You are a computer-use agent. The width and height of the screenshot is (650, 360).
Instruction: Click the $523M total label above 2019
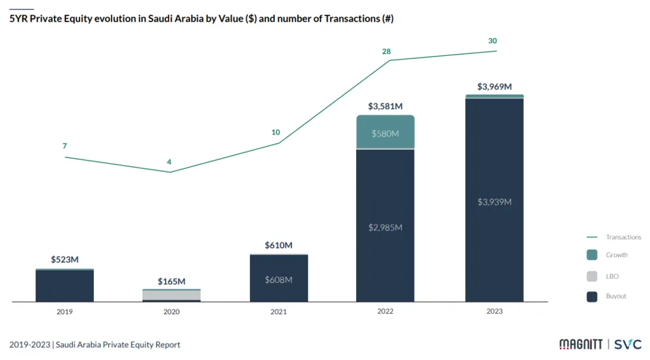coord(64,260)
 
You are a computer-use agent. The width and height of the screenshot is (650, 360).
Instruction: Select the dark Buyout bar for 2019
coord(64,286)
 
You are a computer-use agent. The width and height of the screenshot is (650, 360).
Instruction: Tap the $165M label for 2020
coord(171,281)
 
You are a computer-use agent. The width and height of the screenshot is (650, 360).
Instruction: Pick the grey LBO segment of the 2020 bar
coord(171,295)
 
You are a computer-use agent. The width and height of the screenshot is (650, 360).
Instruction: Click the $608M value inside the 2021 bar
coord(279,279)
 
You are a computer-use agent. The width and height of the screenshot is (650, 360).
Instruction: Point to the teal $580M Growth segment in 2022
coord(385,133)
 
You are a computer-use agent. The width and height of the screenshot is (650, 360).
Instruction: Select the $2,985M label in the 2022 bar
coord(385,227)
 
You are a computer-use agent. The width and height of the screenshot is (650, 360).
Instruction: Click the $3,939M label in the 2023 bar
coord(494,202)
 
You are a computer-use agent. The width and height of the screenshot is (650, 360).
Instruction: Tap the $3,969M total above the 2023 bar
coord(494,86)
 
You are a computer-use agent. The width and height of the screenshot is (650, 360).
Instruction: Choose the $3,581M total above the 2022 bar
coord(385,106)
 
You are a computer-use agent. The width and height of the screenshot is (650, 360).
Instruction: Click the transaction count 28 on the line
coord(386,51)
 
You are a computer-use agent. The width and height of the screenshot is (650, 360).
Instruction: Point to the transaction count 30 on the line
coord(493,41)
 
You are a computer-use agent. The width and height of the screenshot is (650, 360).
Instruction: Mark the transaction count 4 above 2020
coord(169,162)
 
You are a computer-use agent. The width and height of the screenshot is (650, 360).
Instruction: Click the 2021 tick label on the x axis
coord(279,312)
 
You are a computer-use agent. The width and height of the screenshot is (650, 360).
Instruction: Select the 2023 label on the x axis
coord(494,312)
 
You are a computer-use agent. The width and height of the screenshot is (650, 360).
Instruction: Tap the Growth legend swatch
coord(592,255)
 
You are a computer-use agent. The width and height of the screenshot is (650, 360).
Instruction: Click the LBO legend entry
coord(612,276)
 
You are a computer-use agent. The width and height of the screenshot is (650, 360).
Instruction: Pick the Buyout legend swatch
coord(592,297)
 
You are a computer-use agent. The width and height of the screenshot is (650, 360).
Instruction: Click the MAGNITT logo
coord(580,344)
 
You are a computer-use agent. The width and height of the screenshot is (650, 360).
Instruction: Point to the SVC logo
coord(628,344)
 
